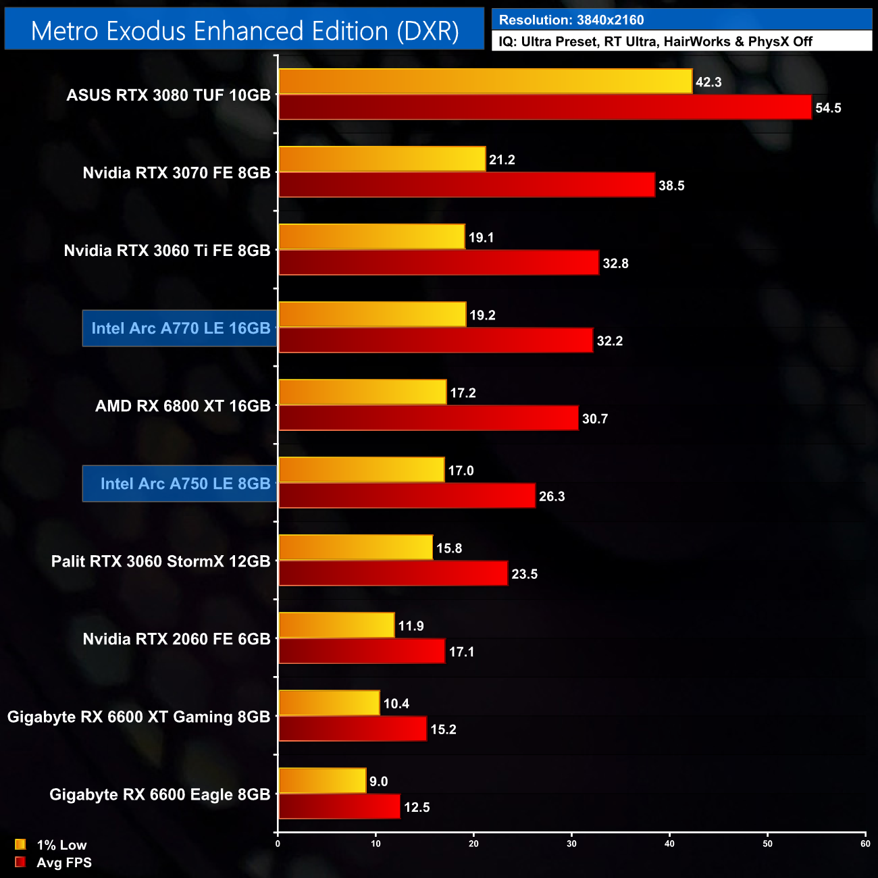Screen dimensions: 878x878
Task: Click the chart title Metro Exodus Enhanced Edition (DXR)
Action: pyautogui.click(x=244, y=31)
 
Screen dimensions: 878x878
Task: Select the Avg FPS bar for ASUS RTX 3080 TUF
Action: pyautogui.click(x=544, y=107)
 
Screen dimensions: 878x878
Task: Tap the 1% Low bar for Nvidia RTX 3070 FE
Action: pyautogui.click(x=382, y=159)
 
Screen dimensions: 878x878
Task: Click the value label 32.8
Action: pyautogui.click(x=615, y=263)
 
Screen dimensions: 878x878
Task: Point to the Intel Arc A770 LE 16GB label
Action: pyautogui.click(x=180, y=328)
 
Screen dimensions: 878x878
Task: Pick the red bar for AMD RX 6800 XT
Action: pyautogui.click(x=428, y=418)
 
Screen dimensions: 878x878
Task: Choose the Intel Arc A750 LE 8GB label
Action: pyautogui.click(x=184, y=484)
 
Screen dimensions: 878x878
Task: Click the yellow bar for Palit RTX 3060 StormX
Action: pyautogui.click(x=355, y=548)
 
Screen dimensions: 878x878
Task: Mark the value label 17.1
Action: pyautogui.click(x=461, y=652)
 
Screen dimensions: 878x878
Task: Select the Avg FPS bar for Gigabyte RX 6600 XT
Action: pyautogui.click(x=353, y=729)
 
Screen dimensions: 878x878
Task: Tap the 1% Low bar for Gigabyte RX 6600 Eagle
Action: pyautogui.click(x=322, y=781)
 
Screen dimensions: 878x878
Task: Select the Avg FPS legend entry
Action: pyautogui.click(x=53, y=862)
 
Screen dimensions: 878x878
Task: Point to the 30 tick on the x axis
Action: pyautogui.click(x=571, y=844)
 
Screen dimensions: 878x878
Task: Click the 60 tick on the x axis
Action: pyautogui.click(x=865, y=844)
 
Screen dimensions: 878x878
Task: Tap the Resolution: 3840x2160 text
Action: pyautogui.click(x=571, y=20)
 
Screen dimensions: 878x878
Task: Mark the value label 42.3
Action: pyautogui.click(x=708, y=82)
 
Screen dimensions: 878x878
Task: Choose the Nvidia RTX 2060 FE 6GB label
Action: pyautogui.click(x=176, y=639)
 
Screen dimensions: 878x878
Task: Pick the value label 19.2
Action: pyautogui.click(x=482, y=315)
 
